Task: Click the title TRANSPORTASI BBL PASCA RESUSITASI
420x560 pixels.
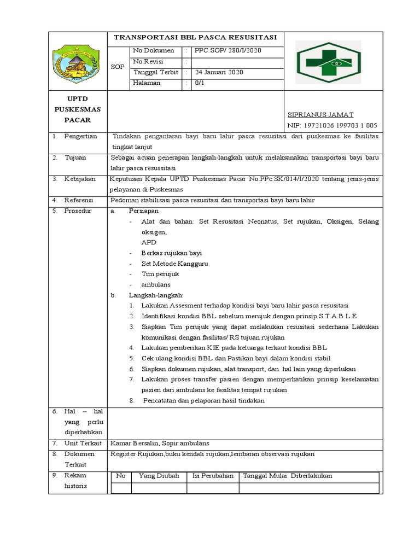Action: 195,38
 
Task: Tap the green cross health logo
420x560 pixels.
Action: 328,62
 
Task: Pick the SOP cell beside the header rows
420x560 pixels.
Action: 117,67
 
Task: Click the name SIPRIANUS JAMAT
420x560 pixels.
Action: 320,115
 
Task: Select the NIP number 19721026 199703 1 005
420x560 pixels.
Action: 332,126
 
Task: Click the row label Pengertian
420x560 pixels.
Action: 80,136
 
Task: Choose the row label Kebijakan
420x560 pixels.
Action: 80,179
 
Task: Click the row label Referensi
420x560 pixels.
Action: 79,200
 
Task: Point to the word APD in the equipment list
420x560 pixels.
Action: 149,242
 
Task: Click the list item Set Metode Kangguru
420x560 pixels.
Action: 174,264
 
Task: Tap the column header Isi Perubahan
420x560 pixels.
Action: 213,476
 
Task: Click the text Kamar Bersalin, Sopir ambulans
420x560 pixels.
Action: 159,444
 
